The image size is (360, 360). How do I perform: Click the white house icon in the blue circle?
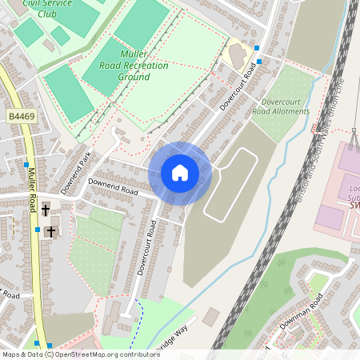coord(180,173)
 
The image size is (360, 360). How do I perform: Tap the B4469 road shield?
coord(22,117)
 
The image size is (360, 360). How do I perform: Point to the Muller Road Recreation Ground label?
coord(134,65)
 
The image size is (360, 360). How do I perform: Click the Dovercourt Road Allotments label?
coord(280,106)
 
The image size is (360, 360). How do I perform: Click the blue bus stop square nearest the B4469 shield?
coord(26,164)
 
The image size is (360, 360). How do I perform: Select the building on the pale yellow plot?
coord(237,55)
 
